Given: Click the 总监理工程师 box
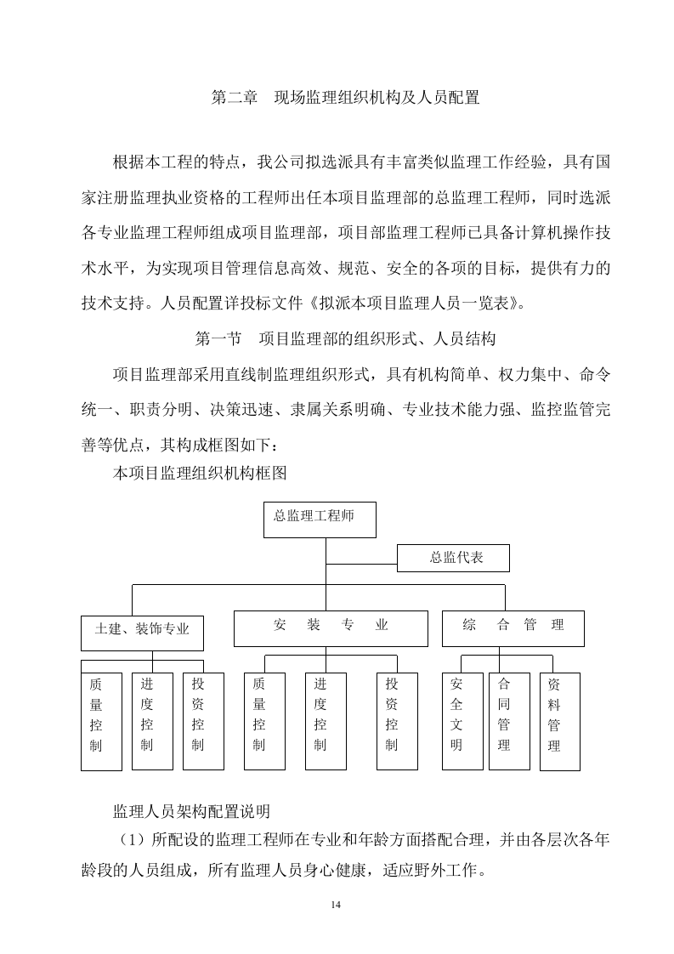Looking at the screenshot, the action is pyautogui.click(x=320, y=520).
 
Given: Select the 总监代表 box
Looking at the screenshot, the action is pyautogui.click(x=454, y=559).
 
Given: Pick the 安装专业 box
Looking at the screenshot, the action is pyautogui.click(x=331, y=627).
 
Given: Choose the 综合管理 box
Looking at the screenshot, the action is pyautogui.click(x=513, y=627).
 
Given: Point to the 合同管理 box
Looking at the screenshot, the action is pyautogui.click(x=508, y=721).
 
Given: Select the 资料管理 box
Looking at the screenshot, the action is pyautogui.click(x=559, y=721).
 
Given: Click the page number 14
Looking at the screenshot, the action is pyautogui.click(x=336, y=904).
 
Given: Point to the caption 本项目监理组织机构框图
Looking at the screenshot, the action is pyautogui.click(x=199, y=474).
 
